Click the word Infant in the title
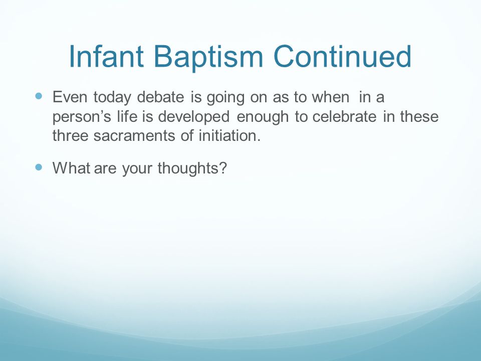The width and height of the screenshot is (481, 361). coord(106,56)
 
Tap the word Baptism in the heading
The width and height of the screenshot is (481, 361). coord(208,58)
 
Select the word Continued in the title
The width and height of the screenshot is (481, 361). coord(342,56)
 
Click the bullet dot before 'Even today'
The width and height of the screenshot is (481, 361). coord(39,96)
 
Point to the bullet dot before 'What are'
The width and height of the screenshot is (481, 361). coord(39,167)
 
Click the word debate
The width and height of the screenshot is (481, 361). coord(160,97)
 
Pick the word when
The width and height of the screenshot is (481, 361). coord(330,97)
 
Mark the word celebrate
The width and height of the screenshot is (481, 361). coord(344,116)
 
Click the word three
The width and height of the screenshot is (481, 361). coord(70,135)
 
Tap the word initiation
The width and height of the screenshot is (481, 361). coord(229,135)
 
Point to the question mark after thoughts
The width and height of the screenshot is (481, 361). coord(223,168)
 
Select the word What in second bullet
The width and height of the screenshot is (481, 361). coord(71,168)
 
